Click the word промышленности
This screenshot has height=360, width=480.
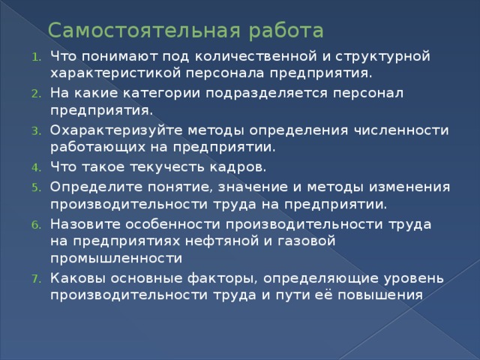116,259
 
